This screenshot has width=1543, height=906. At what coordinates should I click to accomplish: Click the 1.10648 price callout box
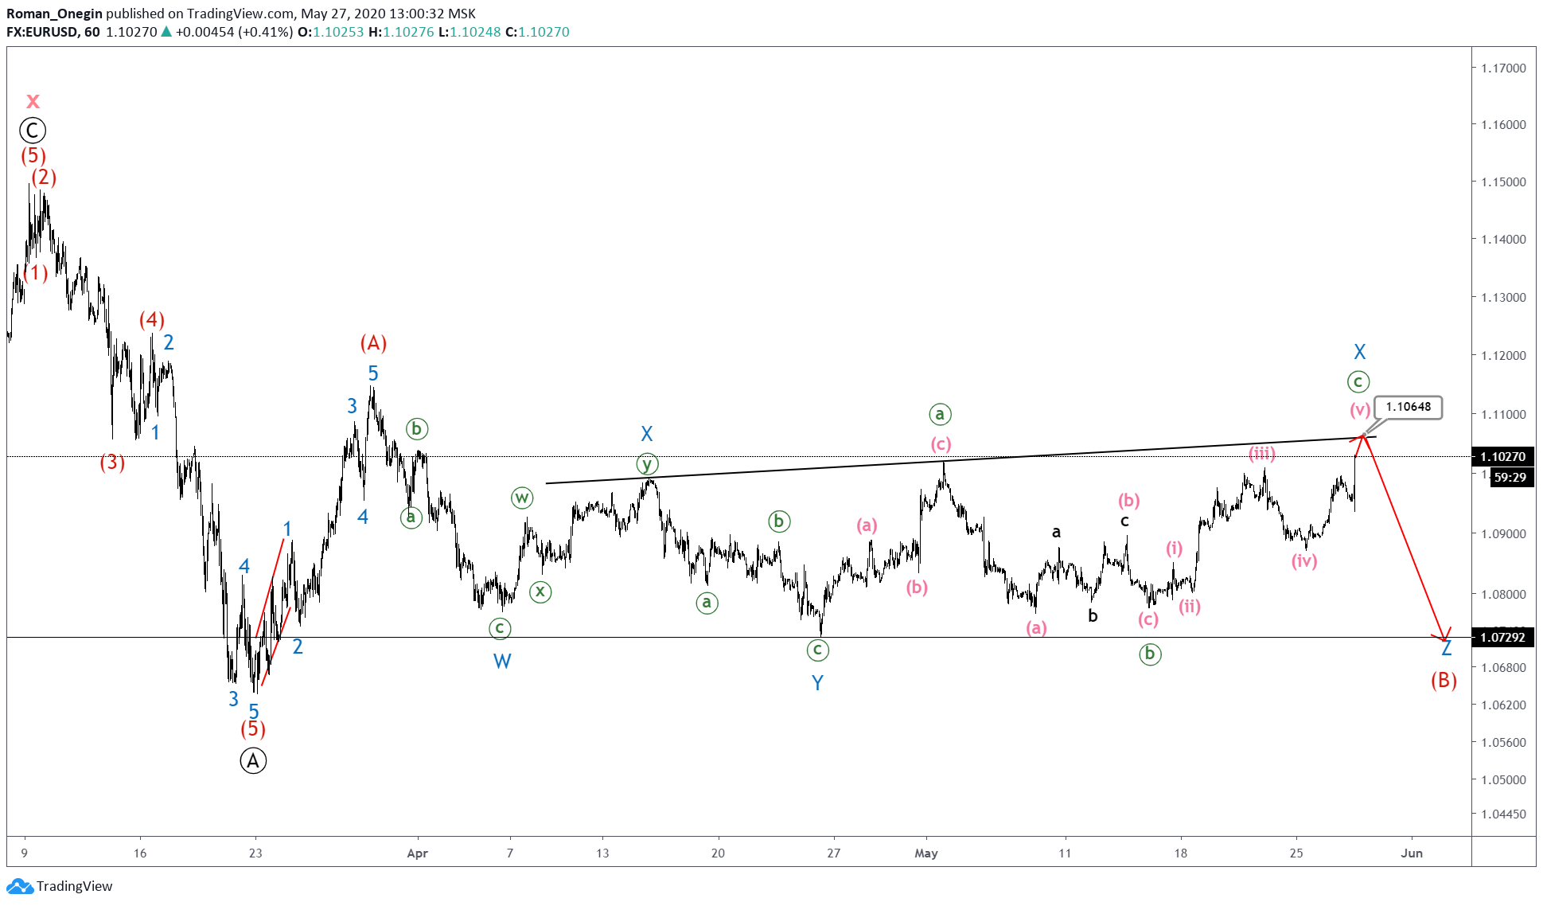1408,407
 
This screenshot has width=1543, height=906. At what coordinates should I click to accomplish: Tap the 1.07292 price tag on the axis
1502,637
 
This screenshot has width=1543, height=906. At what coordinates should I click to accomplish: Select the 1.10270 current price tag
1502,456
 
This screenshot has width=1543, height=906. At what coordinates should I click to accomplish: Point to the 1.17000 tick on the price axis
1503,68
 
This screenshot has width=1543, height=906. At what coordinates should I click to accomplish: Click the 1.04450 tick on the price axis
1503,814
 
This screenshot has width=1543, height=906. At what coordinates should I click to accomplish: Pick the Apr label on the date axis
417,853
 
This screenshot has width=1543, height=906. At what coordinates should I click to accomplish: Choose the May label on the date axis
925,853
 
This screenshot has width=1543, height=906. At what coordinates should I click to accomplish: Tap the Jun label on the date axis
1411,853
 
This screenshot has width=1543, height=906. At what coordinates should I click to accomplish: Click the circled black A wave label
253,761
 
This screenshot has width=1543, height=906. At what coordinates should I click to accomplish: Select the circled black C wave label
33,130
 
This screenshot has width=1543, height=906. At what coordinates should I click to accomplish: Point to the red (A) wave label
373,343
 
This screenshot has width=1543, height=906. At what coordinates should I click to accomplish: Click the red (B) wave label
1444,681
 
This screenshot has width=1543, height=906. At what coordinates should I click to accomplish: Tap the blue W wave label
501,661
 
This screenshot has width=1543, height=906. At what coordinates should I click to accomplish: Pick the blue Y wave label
817,682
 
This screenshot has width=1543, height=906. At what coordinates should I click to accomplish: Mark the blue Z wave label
1447,648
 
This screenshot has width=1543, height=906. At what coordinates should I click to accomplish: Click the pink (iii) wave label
1261,453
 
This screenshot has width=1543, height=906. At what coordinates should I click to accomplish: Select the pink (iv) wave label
1303,560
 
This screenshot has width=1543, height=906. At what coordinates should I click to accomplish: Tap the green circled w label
521,498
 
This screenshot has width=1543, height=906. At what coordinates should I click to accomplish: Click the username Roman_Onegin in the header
54,14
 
